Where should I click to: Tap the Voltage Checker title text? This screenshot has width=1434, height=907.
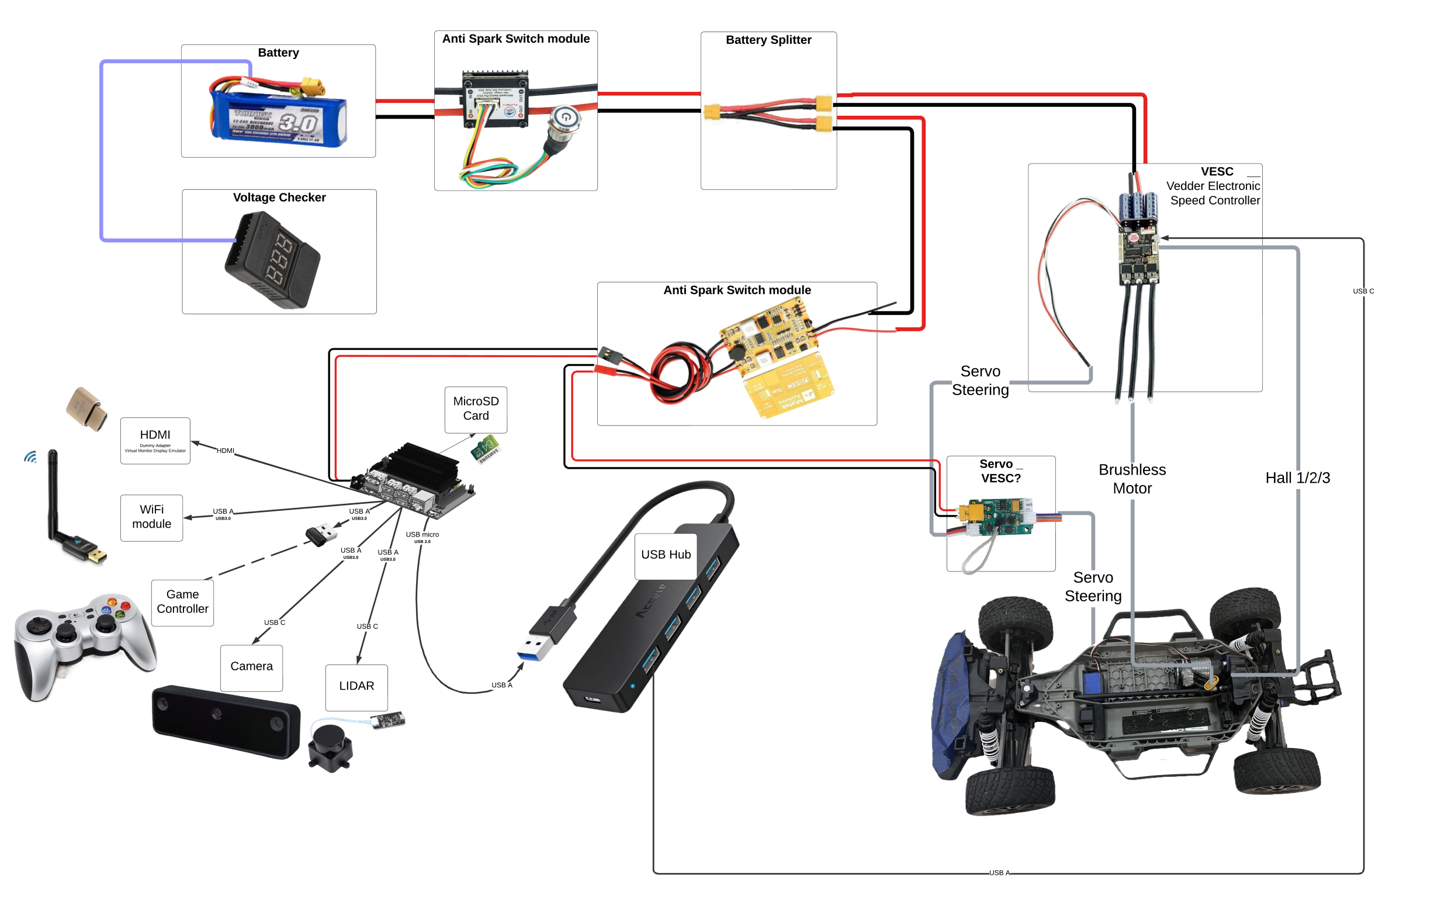point(279,197)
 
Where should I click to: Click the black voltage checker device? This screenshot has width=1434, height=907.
point(273,260)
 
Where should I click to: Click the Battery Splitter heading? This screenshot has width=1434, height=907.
point(768,40)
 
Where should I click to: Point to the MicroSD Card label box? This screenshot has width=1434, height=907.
point(476,409)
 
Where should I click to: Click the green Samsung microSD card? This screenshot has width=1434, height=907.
point(486,448)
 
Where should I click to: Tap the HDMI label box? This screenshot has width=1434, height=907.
point(155,440)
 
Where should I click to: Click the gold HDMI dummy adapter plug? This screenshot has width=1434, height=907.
point(87,409)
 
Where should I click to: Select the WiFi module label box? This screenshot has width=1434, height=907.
point(151,517)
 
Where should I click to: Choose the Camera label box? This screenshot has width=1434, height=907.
point(251,666)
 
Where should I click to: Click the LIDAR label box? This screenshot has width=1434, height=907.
point(356,686)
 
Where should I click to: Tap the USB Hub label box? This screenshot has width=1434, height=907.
point(666,555)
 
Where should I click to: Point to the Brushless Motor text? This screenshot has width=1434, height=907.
point(1132,479)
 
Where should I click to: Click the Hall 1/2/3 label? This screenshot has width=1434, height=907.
point(1297,477)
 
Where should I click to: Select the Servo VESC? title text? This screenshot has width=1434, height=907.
point(1000,471)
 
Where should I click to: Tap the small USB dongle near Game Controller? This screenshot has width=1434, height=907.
point(320,534)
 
